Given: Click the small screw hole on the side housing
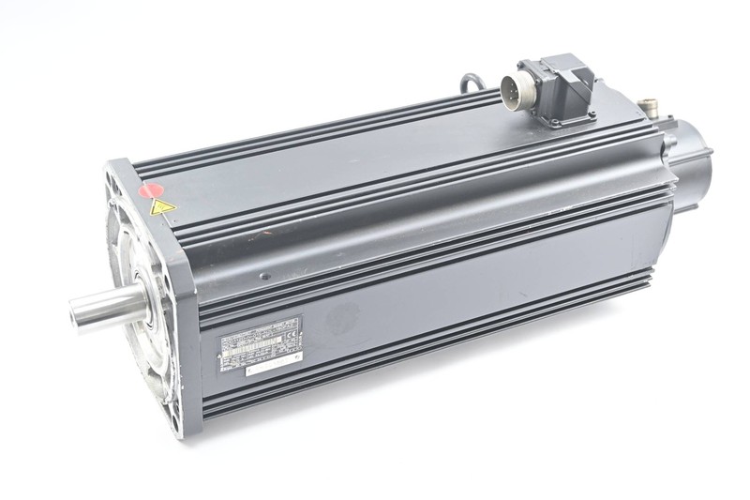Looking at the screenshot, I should [264, 277].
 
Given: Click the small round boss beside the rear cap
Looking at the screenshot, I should [669, 142].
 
